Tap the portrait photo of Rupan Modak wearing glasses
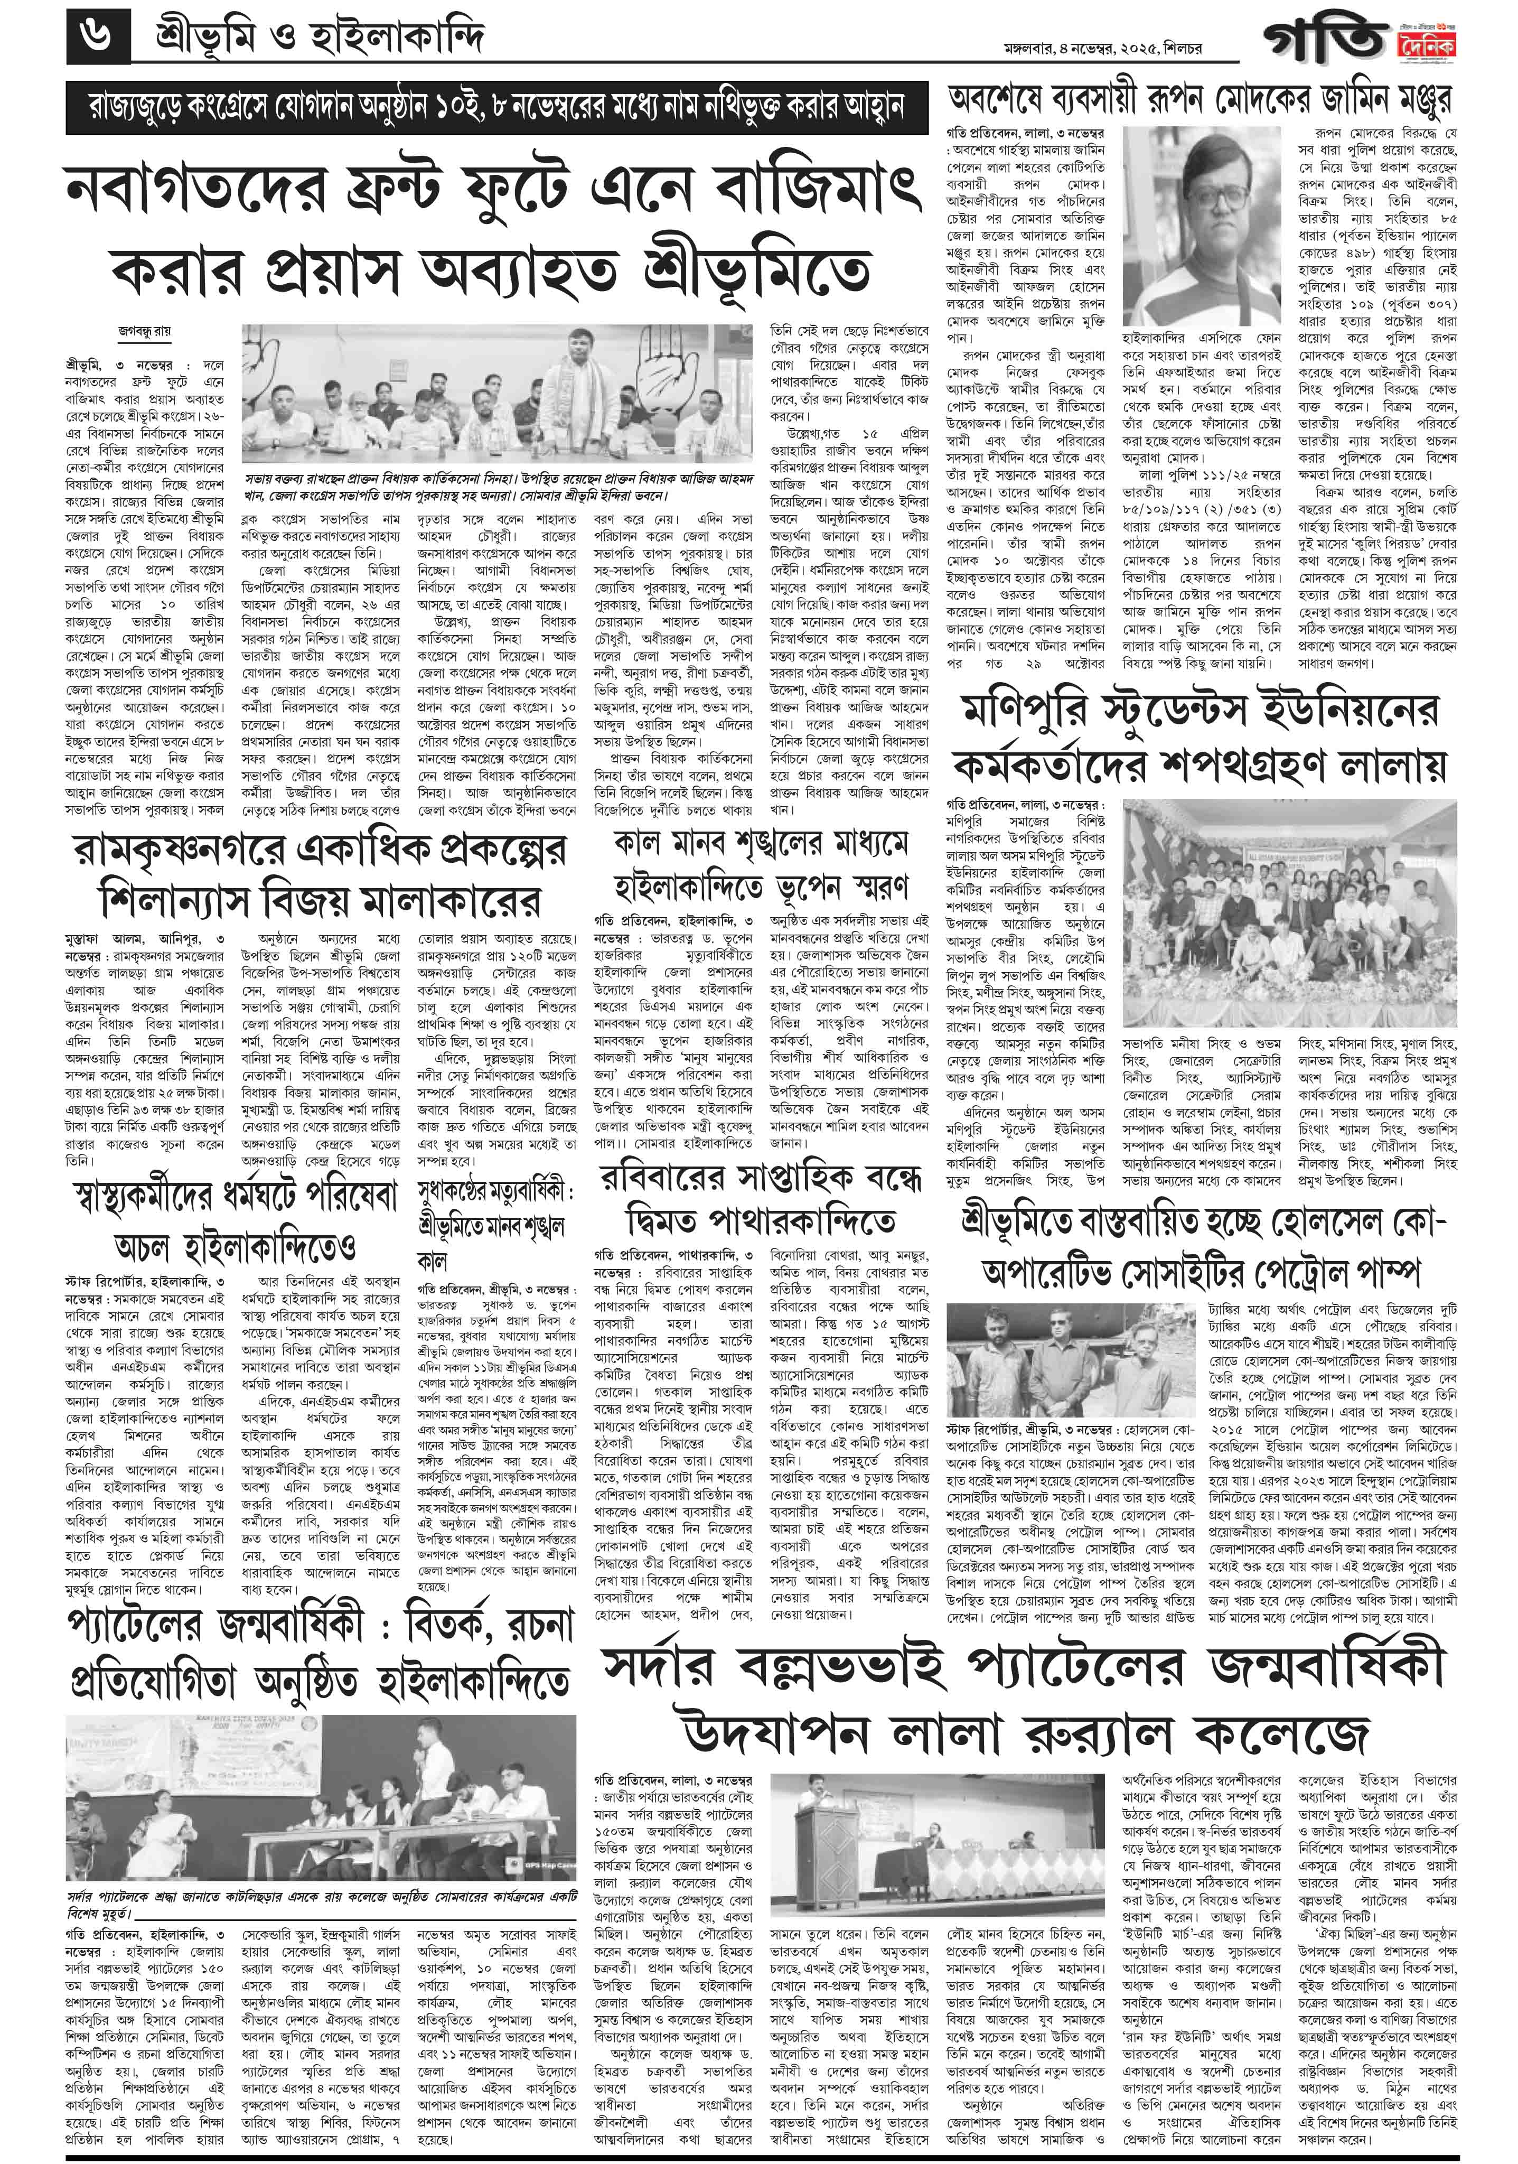tap(1202, 226)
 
